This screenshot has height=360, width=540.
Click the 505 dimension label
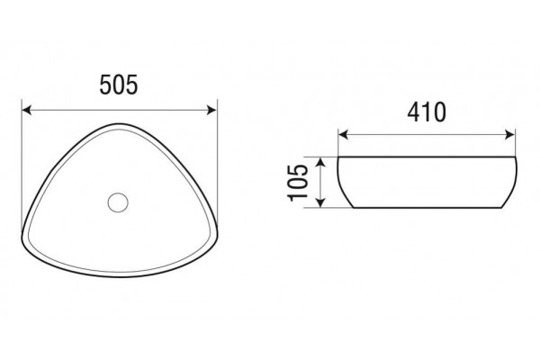click(119, 85)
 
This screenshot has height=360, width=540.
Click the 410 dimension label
click(427, 112)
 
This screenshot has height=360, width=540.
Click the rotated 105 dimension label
click(298, 183)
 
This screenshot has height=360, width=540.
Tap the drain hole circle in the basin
click(118, 202)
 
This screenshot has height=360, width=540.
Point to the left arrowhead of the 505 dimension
click(27, 110)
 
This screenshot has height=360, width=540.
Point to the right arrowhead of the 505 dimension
click(211, 110)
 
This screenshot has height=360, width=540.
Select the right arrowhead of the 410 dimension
click(509, 135)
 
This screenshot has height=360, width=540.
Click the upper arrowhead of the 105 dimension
click(320, 162)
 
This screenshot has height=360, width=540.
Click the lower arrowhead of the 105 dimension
click(320, 202)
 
